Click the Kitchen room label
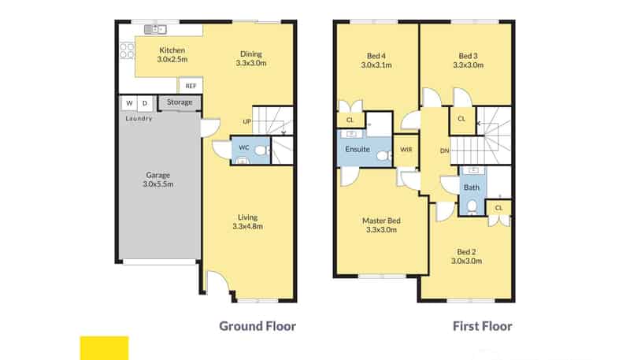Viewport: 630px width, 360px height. tap(172, 50)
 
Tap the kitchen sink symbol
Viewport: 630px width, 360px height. tap(155, 29)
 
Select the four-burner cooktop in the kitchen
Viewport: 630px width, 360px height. tap(127, 51)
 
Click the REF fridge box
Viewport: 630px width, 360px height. tap(191, 86)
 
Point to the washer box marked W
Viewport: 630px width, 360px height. tap(129, 103)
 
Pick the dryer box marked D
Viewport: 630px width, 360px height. tap(145, 103)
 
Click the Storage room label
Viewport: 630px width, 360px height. tap(180, 102)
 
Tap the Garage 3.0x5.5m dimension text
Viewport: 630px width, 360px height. tap(158, 184)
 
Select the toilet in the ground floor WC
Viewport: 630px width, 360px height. tap(261, 150)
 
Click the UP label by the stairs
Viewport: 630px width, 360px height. tap(247, 121)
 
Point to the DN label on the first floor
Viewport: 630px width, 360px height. tap(444, 150)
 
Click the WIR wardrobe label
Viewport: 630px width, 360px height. tap(406, 150)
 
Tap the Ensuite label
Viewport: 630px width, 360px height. tap(358, 149)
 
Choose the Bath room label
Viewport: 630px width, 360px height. tap(471, 187)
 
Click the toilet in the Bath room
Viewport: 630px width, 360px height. tap(472, 206)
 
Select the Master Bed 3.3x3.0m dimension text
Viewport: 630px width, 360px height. tap(381, 230)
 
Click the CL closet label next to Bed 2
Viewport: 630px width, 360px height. tap(498, 208)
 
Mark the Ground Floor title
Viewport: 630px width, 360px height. tap(258, 326)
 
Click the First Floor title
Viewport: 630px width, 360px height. tap(482, 326)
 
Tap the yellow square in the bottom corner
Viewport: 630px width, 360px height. tap(105, 348)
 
